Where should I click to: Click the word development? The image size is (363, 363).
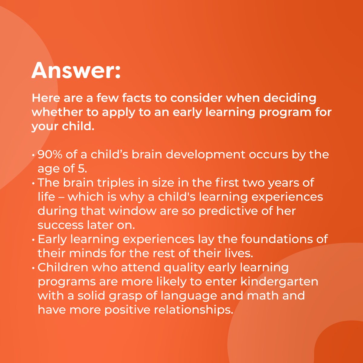coord(206,155)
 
